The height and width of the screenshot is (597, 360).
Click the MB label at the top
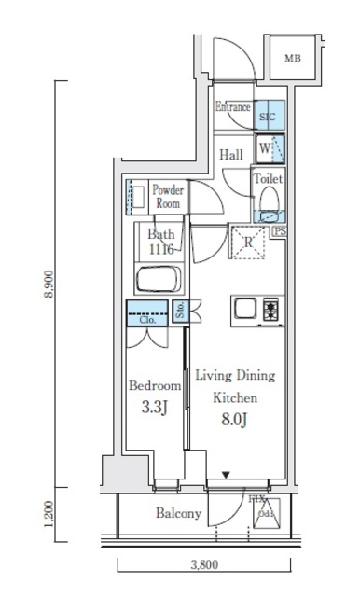(x=293, y=58)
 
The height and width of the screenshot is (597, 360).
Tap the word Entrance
(x=232, y=107)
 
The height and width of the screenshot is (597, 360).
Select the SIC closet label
(x=268, y=118)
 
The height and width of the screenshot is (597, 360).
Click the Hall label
(x=233, y=155)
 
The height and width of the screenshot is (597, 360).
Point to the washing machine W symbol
(x=267, y=147)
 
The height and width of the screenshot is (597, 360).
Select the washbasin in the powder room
(x=135, y=196)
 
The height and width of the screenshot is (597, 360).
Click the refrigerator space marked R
(x=249, y=243)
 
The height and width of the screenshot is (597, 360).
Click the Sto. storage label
(x=179, y=312)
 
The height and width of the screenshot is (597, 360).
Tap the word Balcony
(x=177, y=514)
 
